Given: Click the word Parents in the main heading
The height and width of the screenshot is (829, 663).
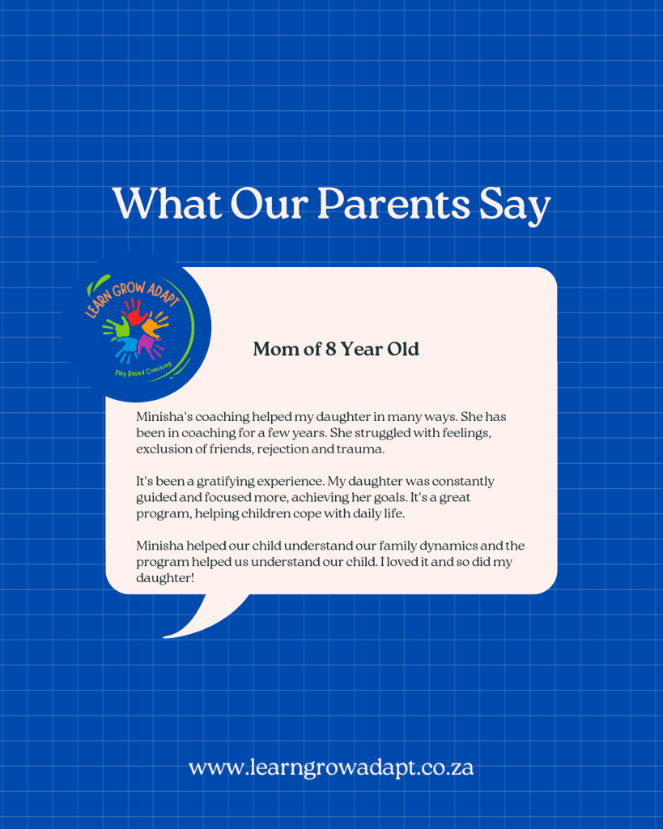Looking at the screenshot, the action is [x=393, y=203].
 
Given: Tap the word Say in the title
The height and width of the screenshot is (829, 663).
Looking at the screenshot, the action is [x=514, y=206].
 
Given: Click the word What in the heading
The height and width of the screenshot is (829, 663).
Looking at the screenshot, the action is [x=167, y=203].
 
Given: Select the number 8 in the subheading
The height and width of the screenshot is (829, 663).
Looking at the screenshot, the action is [x=331, y=349].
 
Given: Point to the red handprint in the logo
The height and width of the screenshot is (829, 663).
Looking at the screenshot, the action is [x=135, y=312].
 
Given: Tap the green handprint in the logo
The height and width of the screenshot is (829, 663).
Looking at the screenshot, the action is [x=117, y=327].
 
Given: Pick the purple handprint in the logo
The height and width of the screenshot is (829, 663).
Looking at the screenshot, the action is [x=150, y=345].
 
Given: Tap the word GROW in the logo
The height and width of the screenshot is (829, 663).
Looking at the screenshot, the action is [x=128, y=291].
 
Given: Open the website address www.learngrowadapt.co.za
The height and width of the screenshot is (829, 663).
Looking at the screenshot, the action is [x=331, y=767].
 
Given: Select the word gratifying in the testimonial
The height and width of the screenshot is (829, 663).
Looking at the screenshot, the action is [x=225, y=483].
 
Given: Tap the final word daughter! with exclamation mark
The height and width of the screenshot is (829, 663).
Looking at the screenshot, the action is [x=165, y=578].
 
